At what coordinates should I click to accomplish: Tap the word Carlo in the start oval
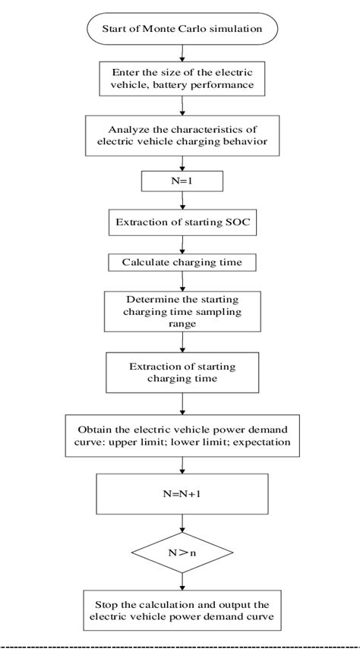tap(180, 30)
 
